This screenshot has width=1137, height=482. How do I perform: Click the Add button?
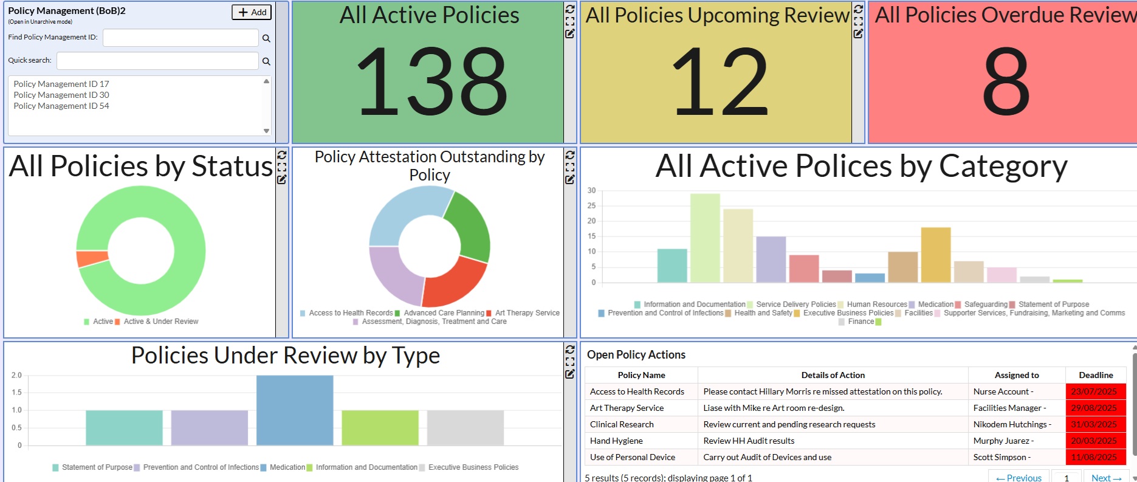click(252, 12)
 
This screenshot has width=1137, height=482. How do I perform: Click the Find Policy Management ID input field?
click(180, 38)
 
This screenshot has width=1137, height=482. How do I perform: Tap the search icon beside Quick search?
click(266, 61)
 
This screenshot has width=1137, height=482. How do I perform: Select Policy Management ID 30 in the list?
click(61, 95)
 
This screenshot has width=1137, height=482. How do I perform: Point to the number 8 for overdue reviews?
click(1005, 82)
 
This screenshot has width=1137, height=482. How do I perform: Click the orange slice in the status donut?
click(92, 258)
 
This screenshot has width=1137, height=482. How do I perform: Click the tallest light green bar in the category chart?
click(705, 238)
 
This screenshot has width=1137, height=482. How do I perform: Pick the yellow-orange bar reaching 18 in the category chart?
click(935, 255)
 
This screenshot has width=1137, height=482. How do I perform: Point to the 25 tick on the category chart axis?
click(591, 205)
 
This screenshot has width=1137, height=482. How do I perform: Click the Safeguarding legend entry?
click(985, 305)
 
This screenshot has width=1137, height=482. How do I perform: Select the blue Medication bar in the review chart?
click(295, 410)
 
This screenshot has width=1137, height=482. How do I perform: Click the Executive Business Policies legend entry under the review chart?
click(473, 467)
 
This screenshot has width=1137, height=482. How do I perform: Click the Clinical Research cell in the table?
click(622, 424)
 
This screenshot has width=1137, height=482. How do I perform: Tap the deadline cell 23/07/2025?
click(1094, 391)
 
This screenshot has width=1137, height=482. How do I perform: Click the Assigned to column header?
click(1016, 375)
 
